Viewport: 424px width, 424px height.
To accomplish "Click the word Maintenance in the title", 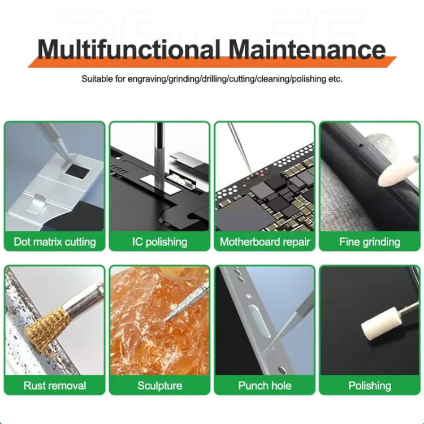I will click(x=309, y=50).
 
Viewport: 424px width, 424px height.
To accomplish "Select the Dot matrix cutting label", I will click(x=55, y=242).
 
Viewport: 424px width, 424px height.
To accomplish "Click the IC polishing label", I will click(x=159, y=242).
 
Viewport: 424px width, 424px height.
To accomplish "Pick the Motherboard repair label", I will click(x=265, y=242).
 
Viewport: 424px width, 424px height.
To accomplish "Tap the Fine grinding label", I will click(x=370, y=242).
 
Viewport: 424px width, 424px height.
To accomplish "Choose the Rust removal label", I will click(x=55, y=386).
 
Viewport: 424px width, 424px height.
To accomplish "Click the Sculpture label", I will click(x=159, y=386).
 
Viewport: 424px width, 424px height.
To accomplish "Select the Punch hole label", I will click(x=265, y=386).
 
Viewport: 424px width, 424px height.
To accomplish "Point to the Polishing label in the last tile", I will click(x=370, y=386).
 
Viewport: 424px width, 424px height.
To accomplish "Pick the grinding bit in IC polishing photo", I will click(x=159, y=164).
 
